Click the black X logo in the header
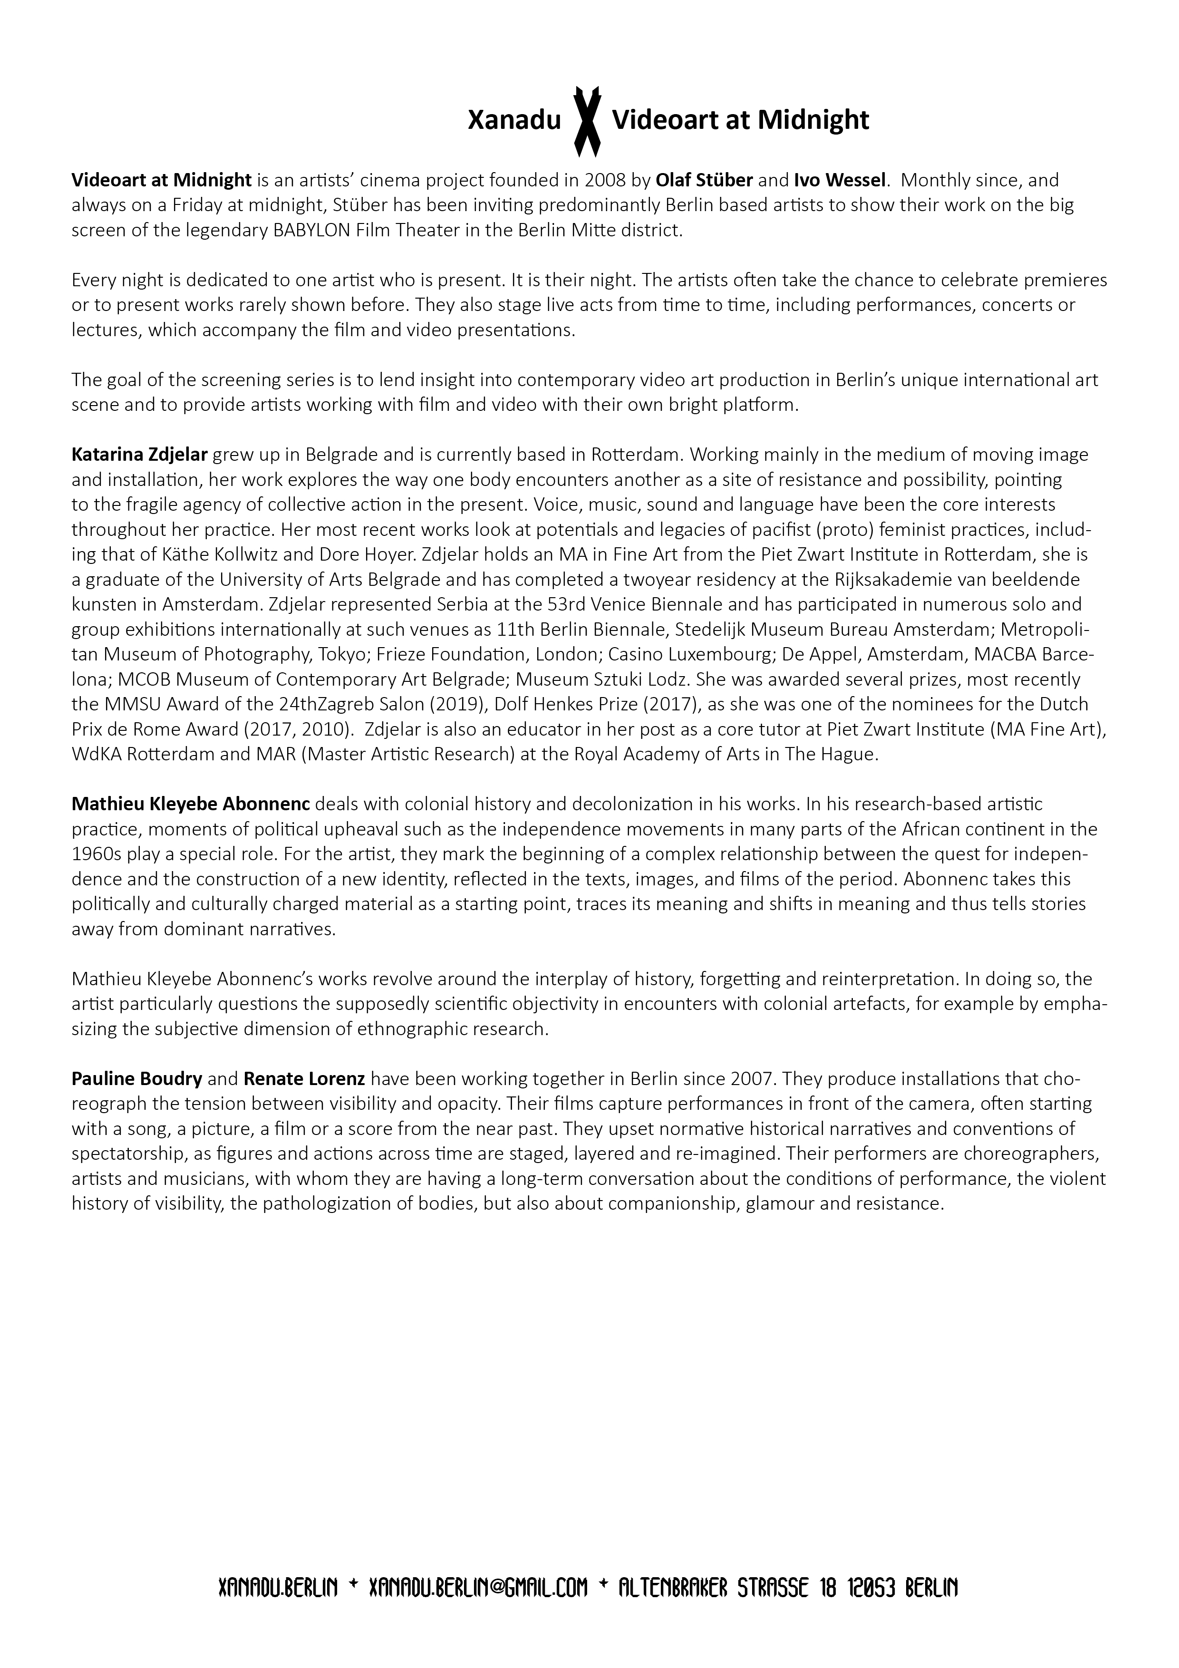(x=587, y=121)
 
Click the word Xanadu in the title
(x=514, y=121)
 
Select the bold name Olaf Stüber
(x=704, y=180)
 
